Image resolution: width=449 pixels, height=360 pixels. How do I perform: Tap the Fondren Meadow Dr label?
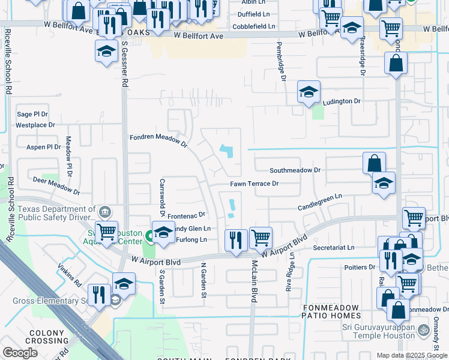[158, 140]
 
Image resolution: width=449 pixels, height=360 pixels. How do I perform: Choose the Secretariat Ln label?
[333, 247]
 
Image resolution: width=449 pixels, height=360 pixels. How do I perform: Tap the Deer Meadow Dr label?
[56, 185]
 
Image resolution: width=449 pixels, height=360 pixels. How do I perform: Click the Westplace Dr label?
[35, 125]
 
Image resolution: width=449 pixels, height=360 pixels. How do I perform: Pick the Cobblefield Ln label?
[255, 26]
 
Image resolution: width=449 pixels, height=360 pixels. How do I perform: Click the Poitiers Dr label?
[360, 266]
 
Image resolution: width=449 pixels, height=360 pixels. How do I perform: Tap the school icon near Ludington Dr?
[309, 92]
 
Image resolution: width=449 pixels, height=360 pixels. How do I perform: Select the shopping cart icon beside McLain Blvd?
[261, 238]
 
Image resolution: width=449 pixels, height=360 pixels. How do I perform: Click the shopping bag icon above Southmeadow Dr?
[374, 163]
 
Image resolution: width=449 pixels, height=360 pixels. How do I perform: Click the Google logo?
[20, 353]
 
